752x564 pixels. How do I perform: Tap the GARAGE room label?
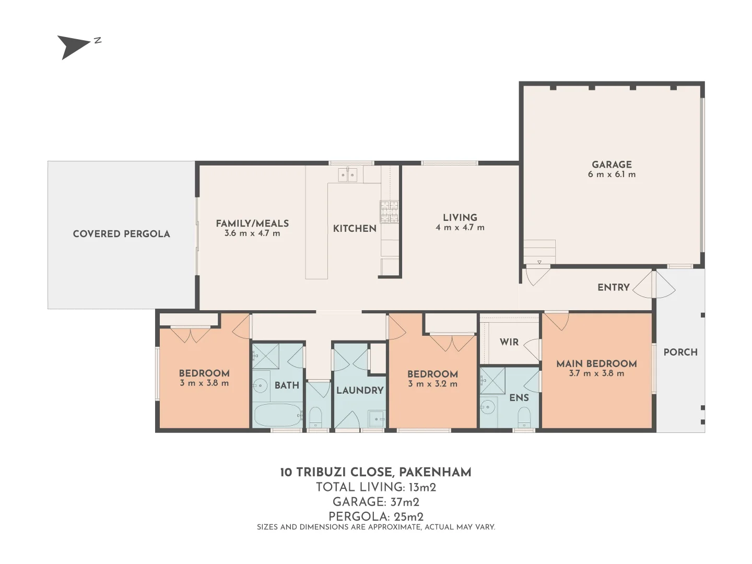pos(612,164)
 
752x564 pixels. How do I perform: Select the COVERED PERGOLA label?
pos(121,234)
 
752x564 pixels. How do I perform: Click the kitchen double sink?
pos(347,175)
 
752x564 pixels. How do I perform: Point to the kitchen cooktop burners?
pos(389,211)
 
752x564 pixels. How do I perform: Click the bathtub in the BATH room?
pos(278,415)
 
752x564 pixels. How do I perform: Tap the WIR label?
pos(509,342)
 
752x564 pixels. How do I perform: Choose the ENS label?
pos(519,397)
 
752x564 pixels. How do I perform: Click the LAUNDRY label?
pos(360,391)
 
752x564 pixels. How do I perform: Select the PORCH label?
pos(680,352)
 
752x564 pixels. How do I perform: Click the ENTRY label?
pos(614,287)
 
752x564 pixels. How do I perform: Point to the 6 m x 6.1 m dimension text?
pos(612,174)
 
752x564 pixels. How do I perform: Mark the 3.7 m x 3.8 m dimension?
pos(596,373)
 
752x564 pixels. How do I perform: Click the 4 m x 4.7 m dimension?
pos(460,228)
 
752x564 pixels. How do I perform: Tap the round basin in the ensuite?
pos(488,407)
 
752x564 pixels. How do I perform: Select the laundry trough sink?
pos(377,419)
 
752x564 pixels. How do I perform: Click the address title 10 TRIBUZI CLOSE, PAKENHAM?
pos(376,472)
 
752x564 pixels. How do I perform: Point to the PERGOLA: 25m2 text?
pos(376,516)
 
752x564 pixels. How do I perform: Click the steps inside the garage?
pos(539,252)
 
